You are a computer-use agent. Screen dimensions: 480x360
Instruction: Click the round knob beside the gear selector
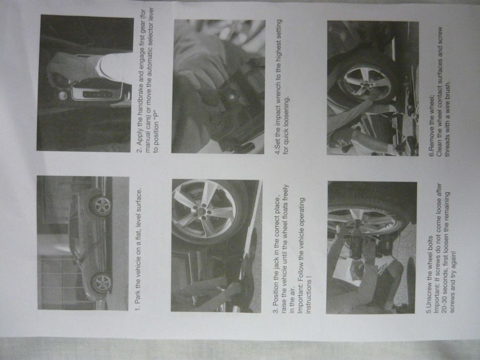(x=62, y=96)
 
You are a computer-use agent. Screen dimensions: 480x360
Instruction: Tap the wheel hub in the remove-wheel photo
(x=366, y=84)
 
